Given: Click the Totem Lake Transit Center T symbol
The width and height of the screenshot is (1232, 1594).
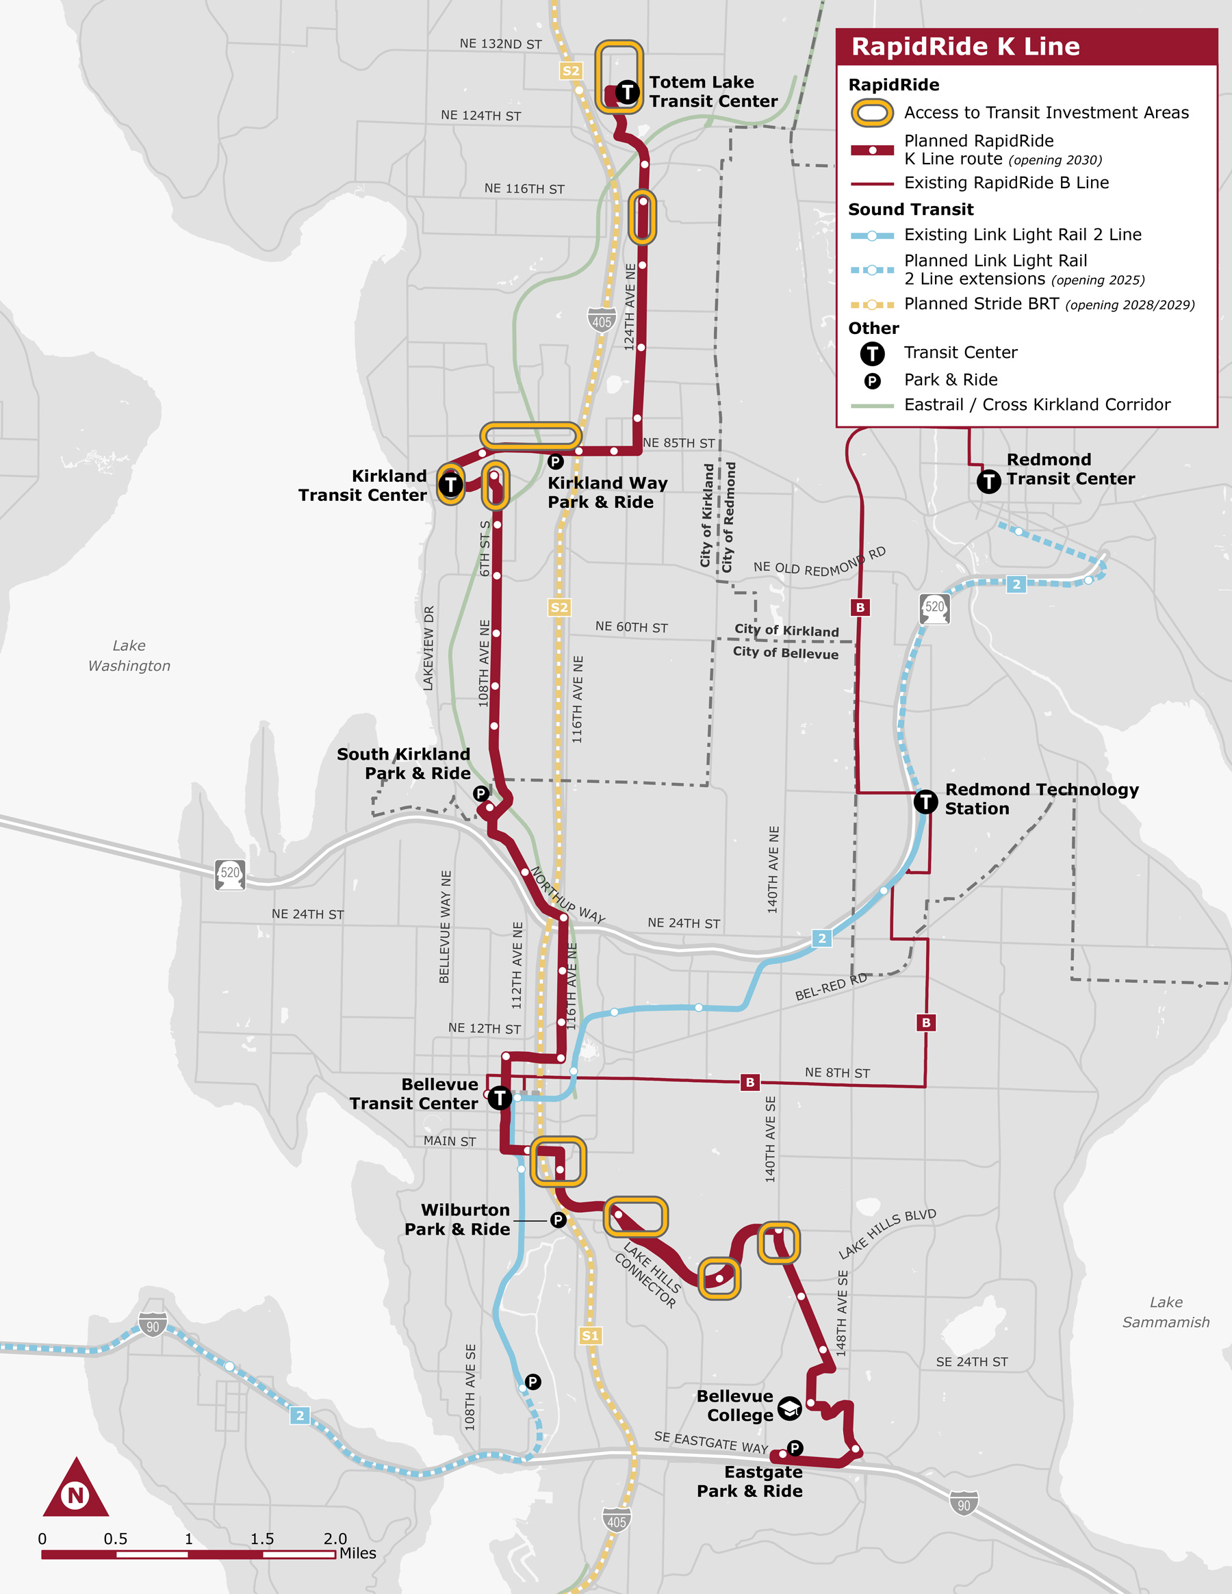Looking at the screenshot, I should [x=627, y=92].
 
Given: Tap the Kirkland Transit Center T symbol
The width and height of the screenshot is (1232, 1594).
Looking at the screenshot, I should [x=451, y=484].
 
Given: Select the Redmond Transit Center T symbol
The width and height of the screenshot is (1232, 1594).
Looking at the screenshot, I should [x=988, y=481].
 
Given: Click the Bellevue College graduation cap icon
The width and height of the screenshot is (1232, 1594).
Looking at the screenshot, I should [x=790, y=1408].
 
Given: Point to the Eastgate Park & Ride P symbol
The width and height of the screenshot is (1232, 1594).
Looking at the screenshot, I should [x=795, y=1448].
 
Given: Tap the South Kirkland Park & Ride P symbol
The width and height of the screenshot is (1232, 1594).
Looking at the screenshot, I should [x=480, y=793].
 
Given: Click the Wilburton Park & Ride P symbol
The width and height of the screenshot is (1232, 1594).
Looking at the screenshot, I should [x=559, y=1220].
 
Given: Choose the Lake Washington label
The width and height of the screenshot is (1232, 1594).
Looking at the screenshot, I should [x=129, y=656].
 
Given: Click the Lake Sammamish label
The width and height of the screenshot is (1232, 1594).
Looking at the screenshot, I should [x=1166, y=1311].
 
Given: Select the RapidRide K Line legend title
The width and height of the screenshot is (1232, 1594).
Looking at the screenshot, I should [x=965, y=47].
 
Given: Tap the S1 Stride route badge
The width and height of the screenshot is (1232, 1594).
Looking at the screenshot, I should [x=590, y=1335].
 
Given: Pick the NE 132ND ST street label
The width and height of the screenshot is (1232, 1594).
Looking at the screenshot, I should [x=501, y=44].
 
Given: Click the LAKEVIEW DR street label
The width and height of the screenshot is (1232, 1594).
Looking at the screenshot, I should [x=428, y=647].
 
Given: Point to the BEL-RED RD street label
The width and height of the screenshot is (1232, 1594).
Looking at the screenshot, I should [x=831, y=987].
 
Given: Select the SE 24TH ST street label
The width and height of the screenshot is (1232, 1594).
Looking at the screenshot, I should [x=971, y=1362].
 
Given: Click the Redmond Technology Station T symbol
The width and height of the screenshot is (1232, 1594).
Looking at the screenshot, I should [x=925, y=801].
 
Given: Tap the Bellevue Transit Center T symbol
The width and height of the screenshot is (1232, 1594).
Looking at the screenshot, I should [x=499, y=1097].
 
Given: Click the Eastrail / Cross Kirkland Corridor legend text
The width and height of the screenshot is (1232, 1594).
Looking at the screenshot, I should [x=1036, y=404].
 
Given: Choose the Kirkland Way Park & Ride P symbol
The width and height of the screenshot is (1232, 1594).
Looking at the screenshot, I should [x=555, y=461].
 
